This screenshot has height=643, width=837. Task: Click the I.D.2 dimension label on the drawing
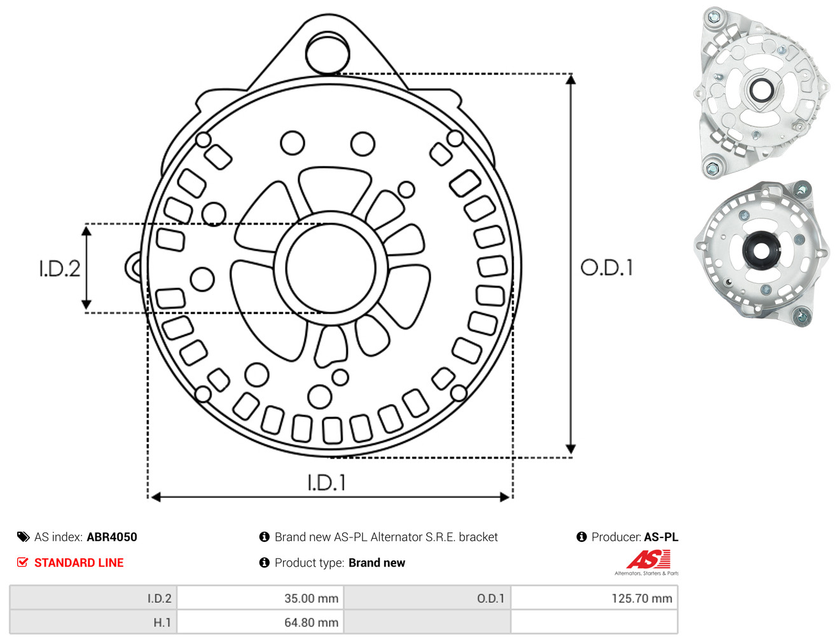click(x=60, y=269)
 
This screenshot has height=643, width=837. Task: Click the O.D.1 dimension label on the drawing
click(x=607, y=268)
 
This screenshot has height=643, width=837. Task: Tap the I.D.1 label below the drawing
click(x=327, y=483)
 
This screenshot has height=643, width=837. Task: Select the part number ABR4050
click(x=112, y=537)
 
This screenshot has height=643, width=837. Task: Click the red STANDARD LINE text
click(x=79, y=562)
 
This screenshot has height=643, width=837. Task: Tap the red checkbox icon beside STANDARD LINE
click(x=23, y=562)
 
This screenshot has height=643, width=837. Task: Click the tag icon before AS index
click(x=23, y=537)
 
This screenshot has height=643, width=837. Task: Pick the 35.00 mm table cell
click(x=260, y=598)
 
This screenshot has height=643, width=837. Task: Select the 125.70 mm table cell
click(x=594, y=598)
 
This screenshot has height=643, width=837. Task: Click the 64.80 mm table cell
click(x=260, y=622)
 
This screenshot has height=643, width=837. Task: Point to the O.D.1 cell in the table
click(x=427, y=598)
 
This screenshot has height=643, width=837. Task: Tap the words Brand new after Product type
click(x=377, y=562)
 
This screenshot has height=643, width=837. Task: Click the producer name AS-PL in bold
click(x=661, y=537)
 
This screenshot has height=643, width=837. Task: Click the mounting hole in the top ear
click(x=328, y=53)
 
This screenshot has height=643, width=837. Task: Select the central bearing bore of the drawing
click(x=331, y=268)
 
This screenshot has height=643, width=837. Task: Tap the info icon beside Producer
click(x=581, y=537)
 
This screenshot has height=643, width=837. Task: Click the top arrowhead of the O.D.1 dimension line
click(x=571, y=79)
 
